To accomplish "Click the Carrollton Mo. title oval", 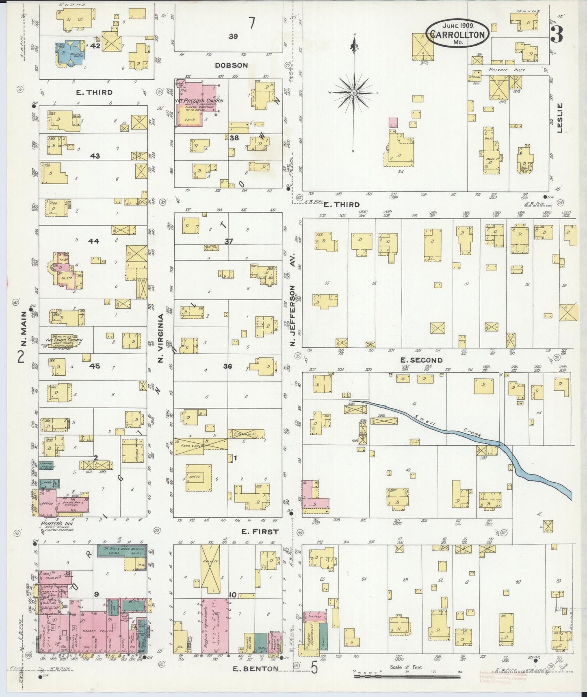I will click(x=457, y=32).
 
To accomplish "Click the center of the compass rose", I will click(x=354, y=93).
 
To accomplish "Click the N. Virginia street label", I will click(x=160, y=338).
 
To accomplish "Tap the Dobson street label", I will click(x=232, y=65).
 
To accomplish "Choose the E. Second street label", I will click(x=421, y=360).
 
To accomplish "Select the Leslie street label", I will click(x=560, y=118).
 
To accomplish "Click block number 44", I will click(x=94, y=241).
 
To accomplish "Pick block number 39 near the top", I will click(x=233, y=36).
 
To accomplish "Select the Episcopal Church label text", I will click(x=64, y=340).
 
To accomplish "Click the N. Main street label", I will click(x=24, y=329).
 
